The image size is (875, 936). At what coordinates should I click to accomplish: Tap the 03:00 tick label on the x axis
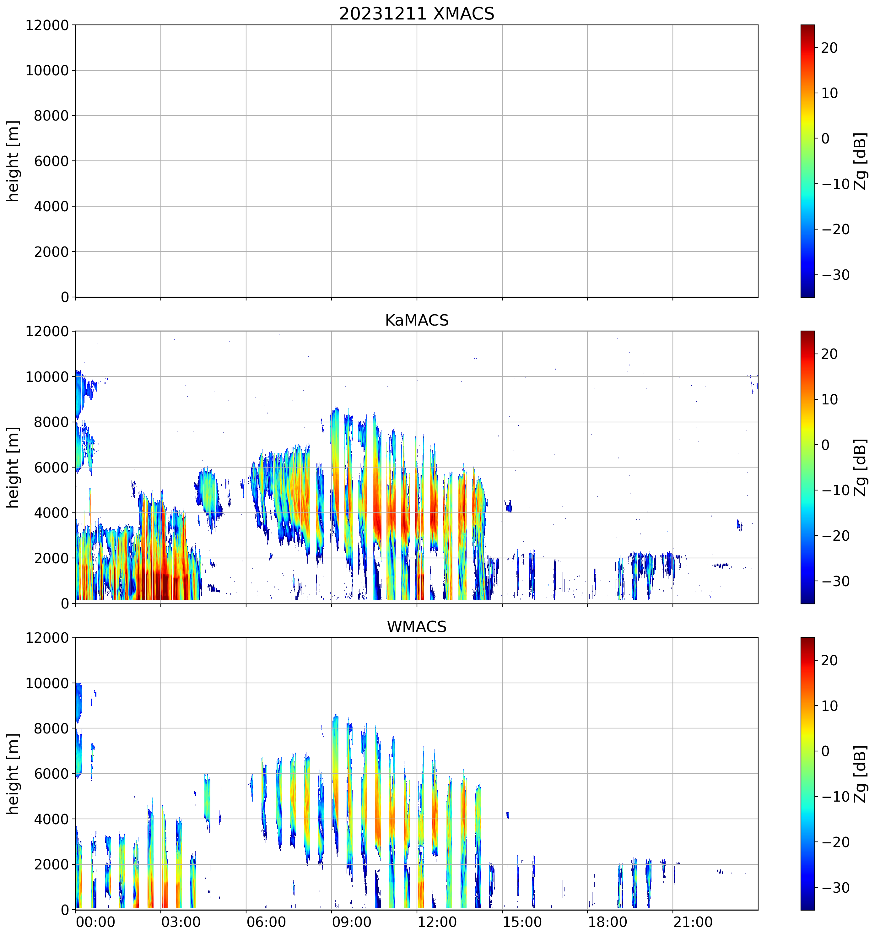pyautogui.click(x=181, y=922)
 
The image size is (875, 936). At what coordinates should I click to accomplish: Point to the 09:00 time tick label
pyautogui.click(x=352, y=922)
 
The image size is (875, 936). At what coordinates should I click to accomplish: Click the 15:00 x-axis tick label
pyautogui.click(x=522, y=922)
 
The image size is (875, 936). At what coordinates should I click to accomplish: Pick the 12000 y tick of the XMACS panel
pyautogui.click(x=47, y=25)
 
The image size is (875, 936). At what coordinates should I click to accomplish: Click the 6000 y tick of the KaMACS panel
pyautogui.click(x=51, y=468)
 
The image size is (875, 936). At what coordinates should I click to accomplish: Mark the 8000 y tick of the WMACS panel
pyautogui.click(x=51, y=729)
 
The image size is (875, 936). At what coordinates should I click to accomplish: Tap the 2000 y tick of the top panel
pyautogui.click(x=51, y=252)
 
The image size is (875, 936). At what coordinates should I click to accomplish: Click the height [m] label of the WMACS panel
pyautogui.click(x=13, y=774)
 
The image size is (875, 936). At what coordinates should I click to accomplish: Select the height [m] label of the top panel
pyautogui.click(x=13, y=161)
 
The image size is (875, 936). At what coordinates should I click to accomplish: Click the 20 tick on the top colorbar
pyautogui.click(x=829, y=48)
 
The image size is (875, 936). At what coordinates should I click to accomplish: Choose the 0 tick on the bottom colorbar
pyautogui.click(x=825, y=751)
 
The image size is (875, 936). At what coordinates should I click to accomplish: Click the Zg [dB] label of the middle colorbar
pyautogui.click(x=860, y=468)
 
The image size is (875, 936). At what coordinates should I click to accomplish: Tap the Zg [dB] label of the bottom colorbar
pyautogui.click(x=860, y=774)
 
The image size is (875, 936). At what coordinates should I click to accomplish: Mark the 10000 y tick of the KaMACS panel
pyautogui.click(x=47, y=377)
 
